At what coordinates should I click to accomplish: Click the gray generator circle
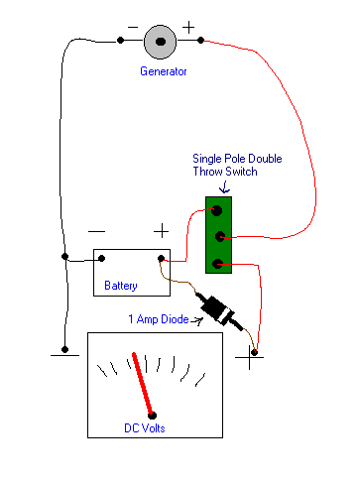click(160, 42)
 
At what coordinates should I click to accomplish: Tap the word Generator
click(164, 71)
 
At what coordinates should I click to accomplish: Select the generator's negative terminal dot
click(121, 41)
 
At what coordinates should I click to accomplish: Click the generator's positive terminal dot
click(200, 41)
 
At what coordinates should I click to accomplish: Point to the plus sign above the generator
click(188, 28)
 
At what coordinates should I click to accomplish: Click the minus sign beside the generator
click(133, 27)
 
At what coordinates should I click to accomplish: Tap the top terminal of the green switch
click(216, 210)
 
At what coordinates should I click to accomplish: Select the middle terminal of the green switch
click(220, 237)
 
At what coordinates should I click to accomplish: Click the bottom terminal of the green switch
click(217, 264)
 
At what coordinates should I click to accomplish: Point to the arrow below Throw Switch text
click(225, 186)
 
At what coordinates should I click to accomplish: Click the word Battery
click(121, 286)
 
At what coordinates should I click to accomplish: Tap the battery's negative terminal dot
click(102, 258)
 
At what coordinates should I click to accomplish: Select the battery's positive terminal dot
click(161, 258)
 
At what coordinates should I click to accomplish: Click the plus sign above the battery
click(162, 231)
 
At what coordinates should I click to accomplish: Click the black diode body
click(216, 309)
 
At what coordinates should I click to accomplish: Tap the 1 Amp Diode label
click(159, 319)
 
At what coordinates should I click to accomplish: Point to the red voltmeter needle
click(143, 385)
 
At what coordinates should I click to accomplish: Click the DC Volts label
click(145, 428)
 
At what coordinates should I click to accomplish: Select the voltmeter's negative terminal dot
click(64, 349)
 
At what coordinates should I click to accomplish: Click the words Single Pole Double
click(237, 159)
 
